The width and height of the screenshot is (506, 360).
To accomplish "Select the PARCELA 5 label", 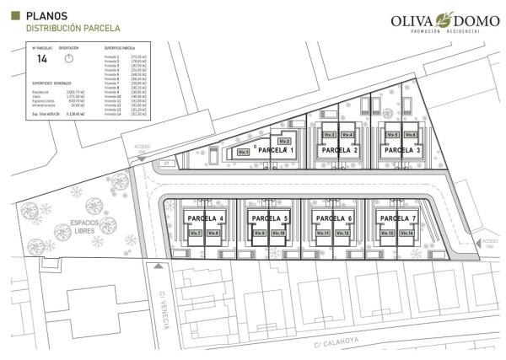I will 269,218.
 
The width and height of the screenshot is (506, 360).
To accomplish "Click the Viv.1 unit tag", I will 244,152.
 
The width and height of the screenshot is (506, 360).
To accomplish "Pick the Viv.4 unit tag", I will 347,134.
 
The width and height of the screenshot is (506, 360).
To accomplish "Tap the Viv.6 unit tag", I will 411,134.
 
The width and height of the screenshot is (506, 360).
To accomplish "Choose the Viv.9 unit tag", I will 259,233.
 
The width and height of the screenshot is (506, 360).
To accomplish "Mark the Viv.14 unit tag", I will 406,233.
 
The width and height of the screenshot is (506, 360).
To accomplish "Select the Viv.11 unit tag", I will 321,233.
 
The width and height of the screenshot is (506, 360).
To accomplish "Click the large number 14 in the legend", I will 43,59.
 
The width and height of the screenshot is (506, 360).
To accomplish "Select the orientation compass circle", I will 70,59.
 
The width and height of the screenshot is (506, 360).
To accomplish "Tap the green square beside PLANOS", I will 15,15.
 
